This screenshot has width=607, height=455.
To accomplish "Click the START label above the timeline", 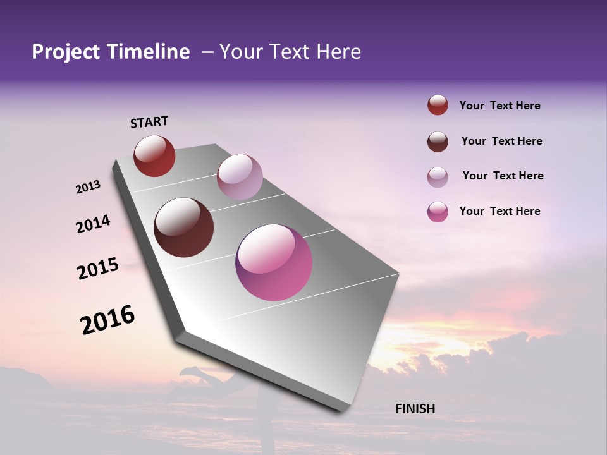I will point(149,122).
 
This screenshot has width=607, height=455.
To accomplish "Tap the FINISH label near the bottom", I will point(415,409).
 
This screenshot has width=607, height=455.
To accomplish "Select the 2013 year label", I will point(88,187).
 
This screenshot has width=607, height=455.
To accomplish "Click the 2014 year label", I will point(93,224).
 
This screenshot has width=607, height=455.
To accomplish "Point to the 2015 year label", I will point(98,269).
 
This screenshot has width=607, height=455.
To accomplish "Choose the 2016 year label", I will point(107,320).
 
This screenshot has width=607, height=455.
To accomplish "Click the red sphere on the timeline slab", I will point(154,155).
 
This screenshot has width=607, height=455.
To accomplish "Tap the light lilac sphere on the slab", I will point(240,177).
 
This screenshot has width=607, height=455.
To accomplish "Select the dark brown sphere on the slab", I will point(184,227).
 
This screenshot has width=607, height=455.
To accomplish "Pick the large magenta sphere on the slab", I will point(274,262).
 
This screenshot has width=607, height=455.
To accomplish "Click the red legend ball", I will point(438,106).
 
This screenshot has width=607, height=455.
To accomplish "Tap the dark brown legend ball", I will point(438,142).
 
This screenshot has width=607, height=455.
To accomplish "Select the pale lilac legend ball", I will point(438,177).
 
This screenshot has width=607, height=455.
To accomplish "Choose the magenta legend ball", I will point(438,212).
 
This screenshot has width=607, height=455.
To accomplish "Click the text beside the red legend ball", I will point(500,106).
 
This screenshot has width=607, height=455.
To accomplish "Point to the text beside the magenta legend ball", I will point(500,211).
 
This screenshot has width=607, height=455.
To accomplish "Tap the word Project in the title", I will point(66,52).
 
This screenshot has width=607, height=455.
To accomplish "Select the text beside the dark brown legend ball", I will point(501,141).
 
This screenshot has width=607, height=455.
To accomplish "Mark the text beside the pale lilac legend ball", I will point(503,176).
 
